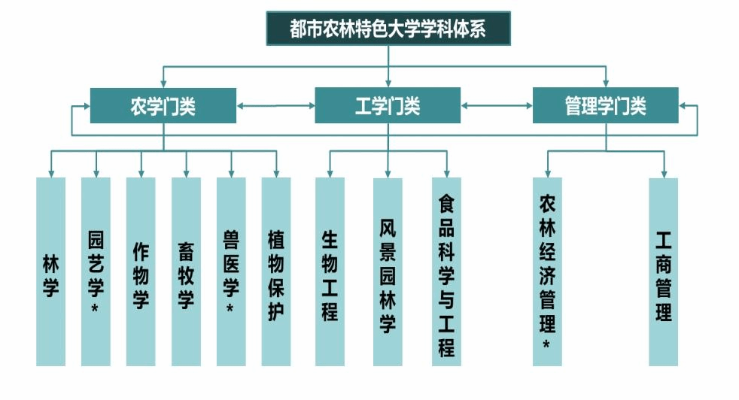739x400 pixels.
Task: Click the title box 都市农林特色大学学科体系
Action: pos(388,28)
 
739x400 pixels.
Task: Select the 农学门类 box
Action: pos(163,106)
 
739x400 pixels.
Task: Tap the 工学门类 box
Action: pos(388,106)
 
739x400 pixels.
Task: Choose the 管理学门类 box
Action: pos(605,106)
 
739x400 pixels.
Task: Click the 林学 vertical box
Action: pos(50,271)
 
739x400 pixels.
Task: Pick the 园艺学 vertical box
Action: pos(96,271)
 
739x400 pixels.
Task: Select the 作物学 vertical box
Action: pos(141,271)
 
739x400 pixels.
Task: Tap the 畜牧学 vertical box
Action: pos(186,271)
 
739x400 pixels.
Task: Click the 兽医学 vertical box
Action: pos(231,271)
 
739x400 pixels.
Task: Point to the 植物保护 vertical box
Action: pos(276,271)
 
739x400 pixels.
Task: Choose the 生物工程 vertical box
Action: pos(330,271)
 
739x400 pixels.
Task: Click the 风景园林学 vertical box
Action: pos(388,271)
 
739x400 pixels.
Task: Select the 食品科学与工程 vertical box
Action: pos(446,271)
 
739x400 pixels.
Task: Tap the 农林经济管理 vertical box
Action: pos(547,271)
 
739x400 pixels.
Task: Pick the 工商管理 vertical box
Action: pos(664,271)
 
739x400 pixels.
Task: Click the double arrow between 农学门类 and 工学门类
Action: pos(275,106)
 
